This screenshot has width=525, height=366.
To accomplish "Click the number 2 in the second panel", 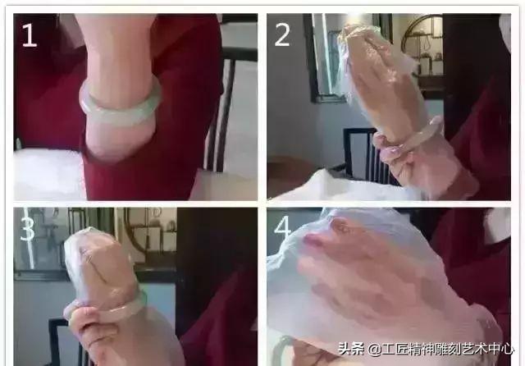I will [283, 34].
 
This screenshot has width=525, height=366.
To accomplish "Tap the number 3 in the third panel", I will [28, 229].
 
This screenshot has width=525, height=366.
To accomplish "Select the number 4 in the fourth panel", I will [283, 229].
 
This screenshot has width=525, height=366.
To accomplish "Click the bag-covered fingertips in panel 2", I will [361, 41].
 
